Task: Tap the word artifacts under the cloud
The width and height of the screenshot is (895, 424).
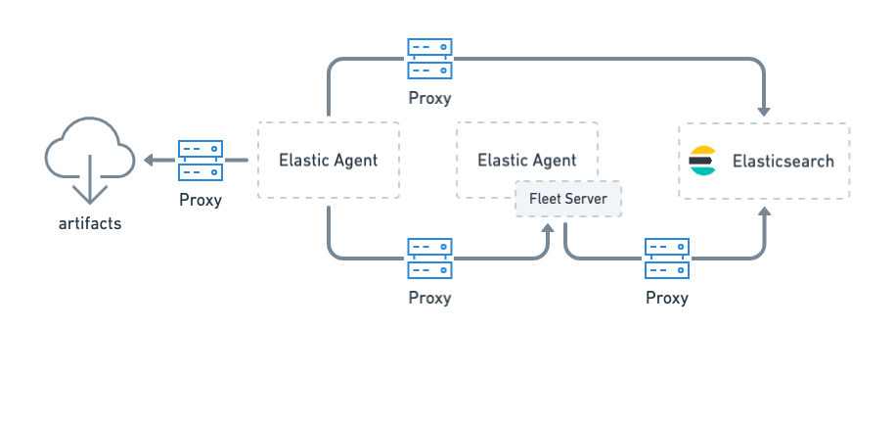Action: [x=90, y=223]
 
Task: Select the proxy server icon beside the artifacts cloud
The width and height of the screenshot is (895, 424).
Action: [x=201, y=161]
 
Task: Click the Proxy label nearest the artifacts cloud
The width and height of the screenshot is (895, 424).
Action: [x=201, y=200]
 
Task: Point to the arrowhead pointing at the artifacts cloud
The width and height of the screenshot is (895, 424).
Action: [x=150, y=161]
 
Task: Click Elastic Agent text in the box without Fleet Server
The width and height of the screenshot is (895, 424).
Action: [x=328, y=161]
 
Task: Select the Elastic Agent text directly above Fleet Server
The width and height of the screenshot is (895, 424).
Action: [x=526, y=161]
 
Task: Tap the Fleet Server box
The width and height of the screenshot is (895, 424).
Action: [x=567, y=199]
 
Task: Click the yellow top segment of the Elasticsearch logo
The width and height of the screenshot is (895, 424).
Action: [x=702, y=151]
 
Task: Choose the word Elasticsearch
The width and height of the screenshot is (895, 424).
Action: [x=783, y=161]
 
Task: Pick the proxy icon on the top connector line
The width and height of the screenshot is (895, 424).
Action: [x=429, y=59]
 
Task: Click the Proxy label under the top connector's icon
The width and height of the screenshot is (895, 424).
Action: [x=429, y=98]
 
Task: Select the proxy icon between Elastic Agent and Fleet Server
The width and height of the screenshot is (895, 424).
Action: [x=429, y=259]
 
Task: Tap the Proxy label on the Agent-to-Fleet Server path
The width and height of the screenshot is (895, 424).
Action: [x=429, y=298]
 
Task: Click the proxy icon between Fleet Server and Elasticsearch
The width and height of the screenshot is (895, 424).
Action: [x=666, y=259]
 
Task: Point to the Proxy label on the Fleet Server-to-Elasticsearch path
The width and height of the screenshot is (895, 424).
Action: [x=666, y=298]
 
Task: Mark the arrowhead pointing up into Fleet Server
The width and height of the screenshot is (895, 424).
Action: [x=548, y=228]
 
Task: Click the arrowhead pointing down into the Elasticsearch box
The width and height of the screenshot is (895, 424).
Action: [x=764, y=111]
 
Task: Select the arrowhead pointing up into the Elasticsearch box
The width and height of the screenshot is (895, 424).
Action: [x=764, y=211]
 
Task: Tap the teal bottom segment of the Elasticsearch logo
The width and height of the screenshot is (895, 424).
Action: [x=702, y=171]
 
